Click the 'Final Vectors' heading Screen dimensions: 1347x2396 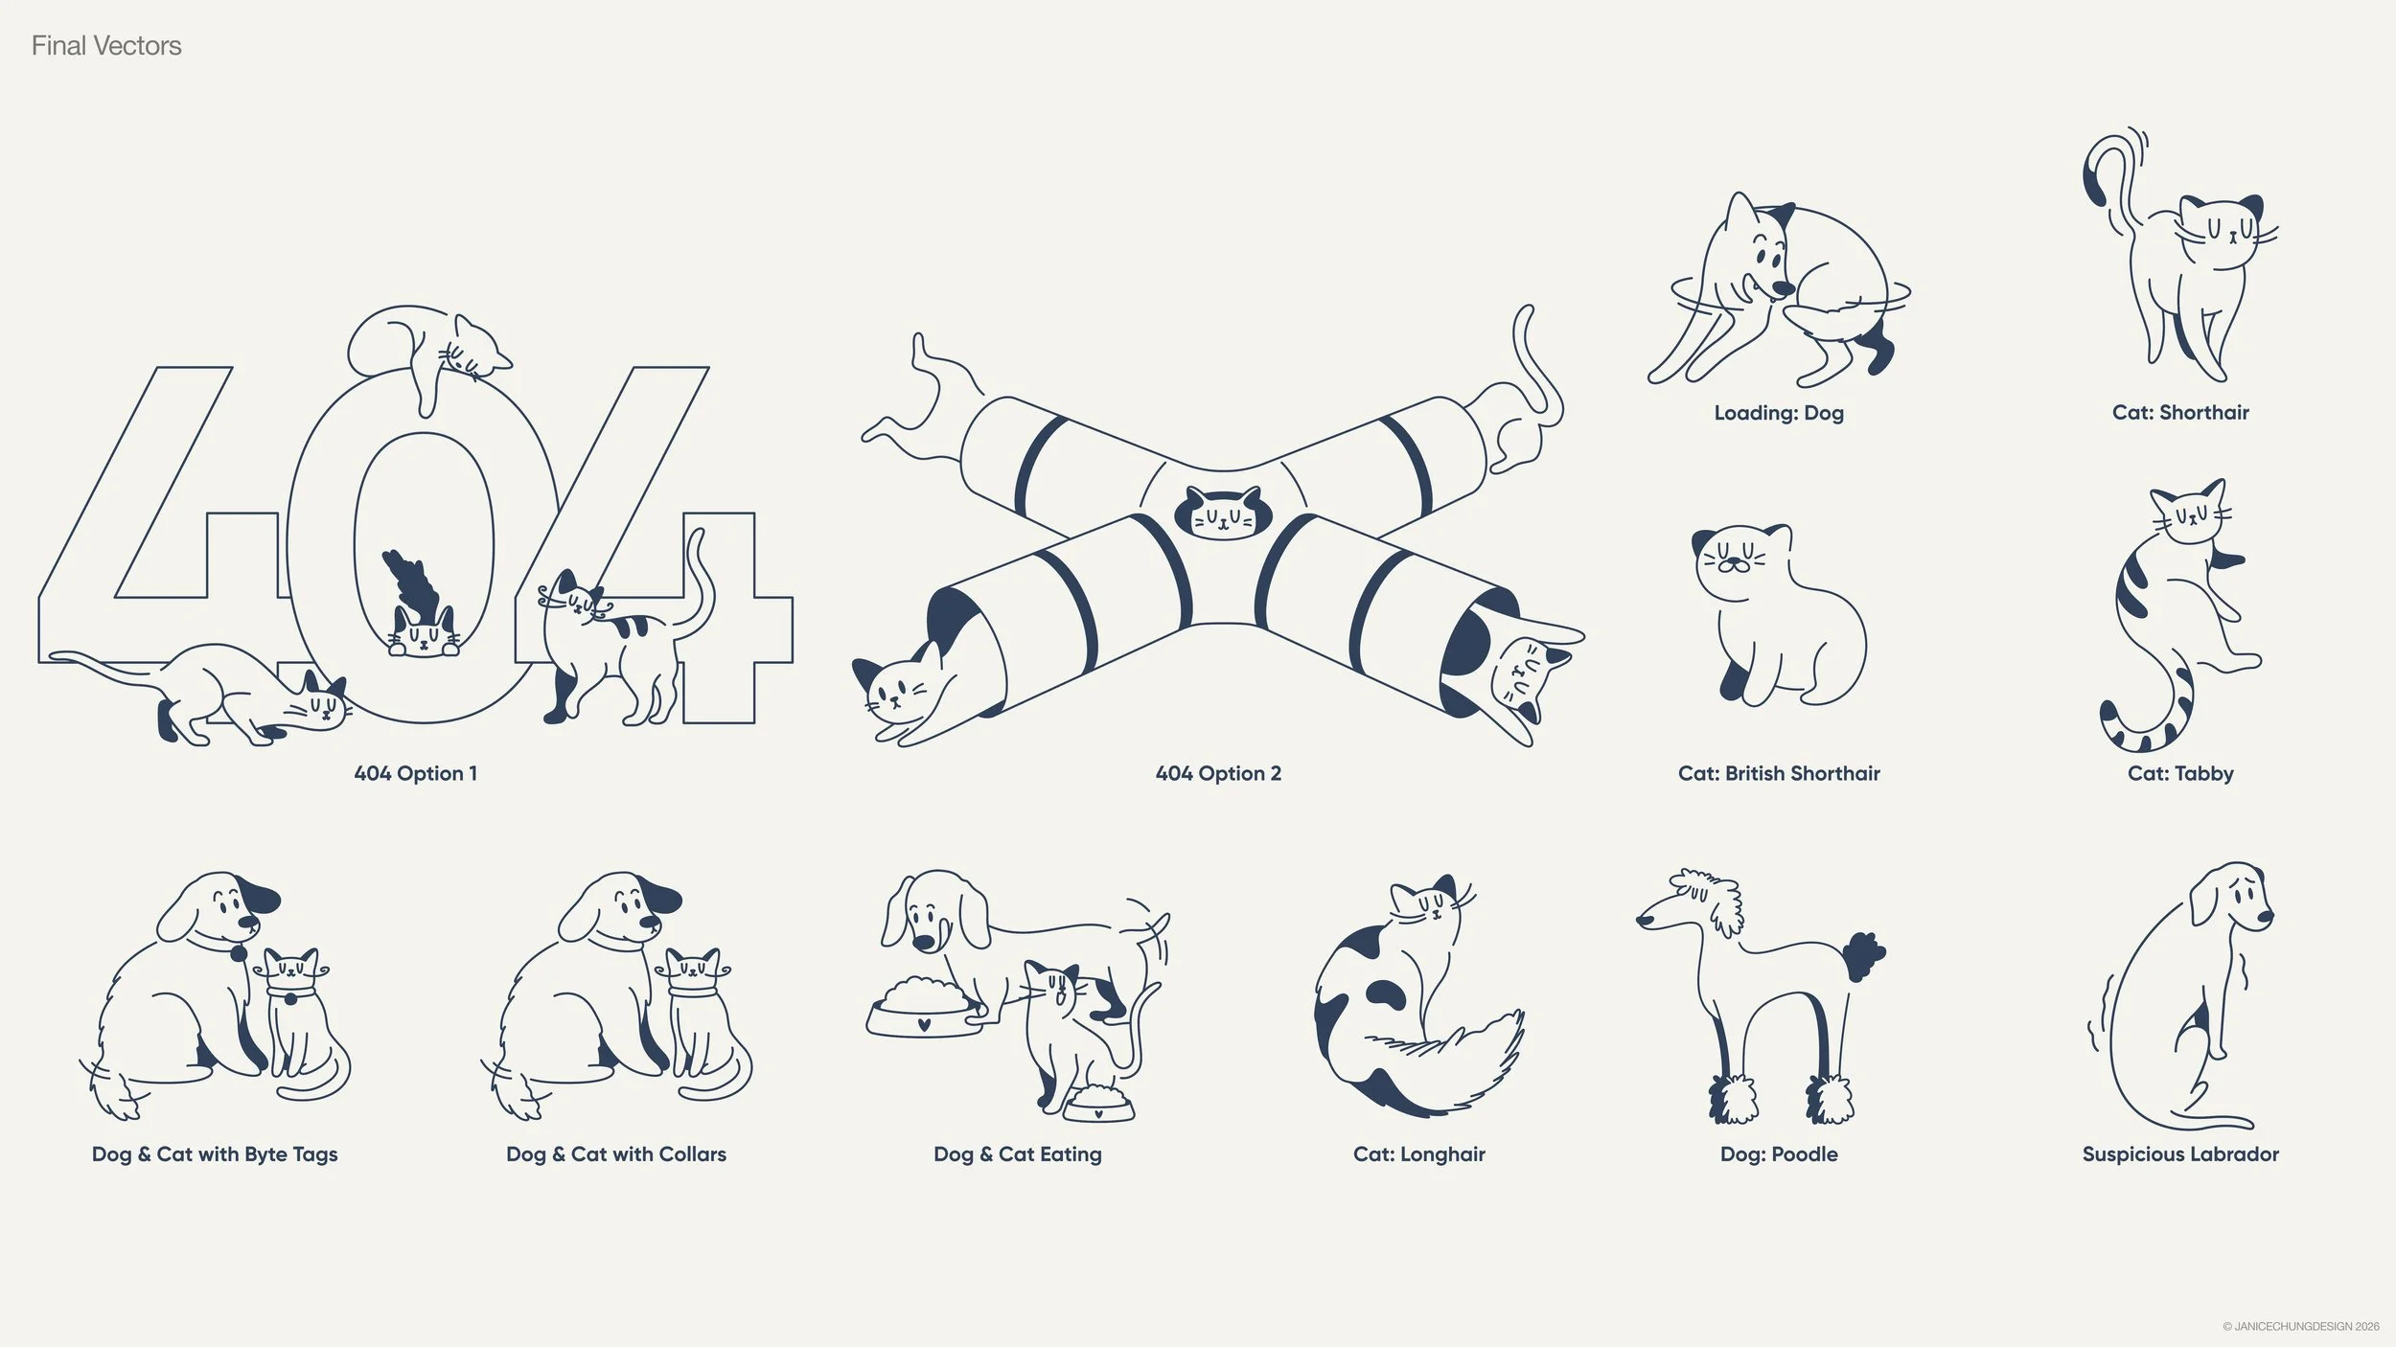(x=106, y=46)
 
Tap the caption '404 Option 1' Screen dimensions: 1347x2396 (x=415, y=773)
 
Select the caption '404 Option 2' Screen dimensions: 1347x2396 (x=1217, y=773)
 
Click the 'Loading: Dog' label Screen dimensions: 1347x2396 (x=1778, y=413)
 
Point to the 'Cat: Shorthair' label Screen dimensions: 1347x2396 (x=2179, y=413)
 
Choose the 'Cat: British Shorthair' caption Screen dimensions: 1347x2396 (x=1778, y=773)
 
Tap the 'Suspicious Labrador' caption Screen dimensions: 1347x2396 (x=2179, y=1154)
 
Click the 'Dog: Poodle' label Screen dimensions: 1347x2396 (x=1778, y=1154)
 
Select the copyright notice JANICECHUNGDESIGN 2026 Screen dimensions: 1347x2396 (x=2300, y=1327)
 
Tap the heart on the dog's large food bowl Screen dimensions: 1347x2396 (x=923, y=1023)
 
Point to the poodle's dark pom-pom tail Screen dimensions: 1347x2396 (x=1862, y=956)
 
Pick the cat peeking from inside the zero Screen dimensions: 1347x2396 (x=423, y=632)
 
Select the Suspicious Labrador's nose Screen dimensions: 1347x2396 (x=2264, y=917)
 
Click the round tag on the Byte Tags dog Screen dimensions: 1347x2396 (x=236, y=953)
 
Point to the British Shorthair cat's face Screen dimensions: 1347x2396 (x=1733, y=560)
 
